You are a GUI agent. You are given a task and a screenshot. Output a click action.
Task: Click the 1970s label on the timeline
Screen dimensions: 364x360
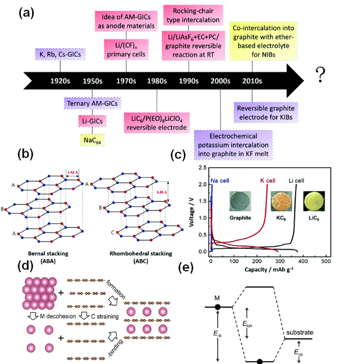click(x=126, y=80)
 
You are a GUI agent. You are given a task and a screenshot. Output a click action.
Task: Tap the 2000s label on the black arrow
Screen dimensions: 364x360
click(x=220, y=80)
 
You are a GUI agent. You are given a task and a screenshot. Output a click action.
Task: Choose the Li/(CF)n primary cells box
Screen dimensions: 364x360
click(x=126, y=49)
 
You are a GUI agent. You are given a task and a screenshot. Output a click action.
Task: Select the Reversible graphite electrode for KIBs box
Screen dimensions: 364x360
click(x=265, y=112)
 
